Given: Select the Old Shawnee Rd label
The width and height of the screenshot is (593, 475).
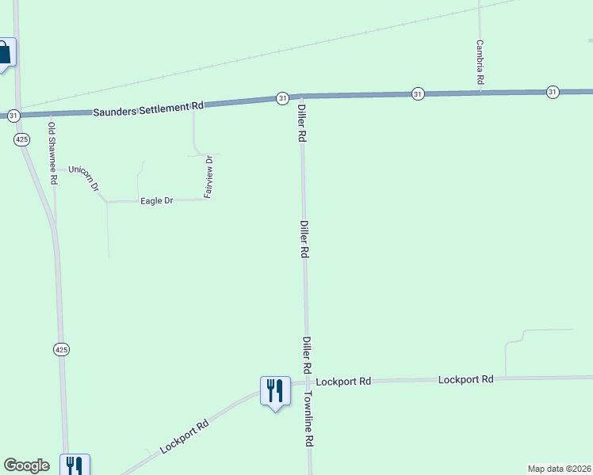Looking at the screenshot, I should click(52, 154).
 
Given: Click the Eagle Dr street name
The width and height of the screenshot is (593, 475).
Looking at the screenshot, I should click(156, 201).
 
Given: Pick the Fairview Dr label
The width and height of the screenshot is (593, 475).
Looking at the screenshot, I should click(209, 177).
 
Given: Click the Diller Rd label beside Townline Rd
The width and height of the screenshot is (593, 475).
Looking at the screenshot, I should click(306, 355).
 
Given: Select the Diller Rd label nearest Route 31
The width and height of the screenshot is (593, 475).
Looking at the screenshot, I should click(301, 123).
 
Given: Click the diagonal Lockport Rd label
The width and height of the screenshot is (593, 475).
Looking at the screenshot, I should click(184, 436).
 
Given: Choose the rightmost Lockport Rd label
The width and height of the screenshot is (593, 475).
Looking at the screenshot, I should click(466, 380).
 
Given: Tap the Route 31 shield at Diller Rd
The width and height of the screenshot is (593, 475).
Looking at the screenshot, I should click(282, 98).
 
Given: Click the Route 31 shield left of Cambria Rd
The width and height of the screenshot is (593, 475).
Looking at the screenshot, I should click(418, 94).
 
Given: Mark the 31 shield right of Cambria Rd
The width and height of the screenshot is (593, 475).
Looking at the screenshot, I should click(553, 93).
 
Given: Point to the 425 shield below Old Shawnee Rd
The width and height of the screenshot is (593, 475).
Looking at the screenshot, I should click(61, 348).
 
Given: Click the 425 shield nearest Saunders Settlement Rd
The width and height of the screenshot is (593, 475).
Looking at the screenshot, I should click(21, 139).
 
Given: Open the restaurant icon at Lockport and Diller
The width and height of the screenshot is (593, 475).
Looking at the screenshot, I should click(275, 390).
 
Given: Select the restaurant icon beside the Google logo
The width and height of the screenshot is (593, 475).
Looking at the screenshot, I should click(75, 465).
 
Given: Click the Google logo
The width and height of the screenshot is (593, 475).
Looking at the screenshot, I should click(26, 465).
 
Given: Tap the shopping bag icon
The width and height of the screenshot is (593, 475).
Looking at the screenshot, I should click(5, 53).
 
